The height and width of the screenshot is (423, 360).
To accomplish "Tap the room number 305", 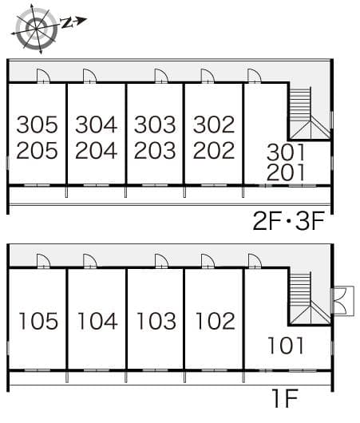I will (38, 125).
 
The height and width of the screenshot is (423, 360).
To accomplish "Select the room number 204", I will (97, 150).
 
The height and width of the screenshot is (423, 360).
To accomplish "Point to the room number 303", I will (155, 125).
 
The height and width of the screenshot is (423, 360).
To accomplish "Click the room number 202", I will (213, 150).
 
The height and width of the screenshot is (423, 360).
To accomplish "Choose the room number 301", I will (286, 149).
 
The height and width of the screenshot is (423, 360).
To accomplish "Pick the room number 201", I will (286, 172).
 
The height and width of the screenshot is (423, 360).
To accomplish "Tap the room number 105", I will (38, 321).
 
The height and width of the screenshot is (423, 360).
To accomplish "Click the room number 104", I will (97, 321).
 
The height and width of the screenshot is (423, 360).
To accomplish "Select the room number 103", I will (155, 321).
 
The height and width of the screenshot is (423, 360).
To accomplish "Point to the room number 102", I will (213, 321).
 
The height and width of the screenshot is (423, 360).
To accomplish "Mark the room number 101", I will (286, 346).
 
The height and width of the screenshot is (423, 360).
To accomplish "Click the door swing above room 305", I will (44, 77).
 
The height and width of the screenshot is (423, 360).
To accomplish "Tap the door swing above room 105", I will (44, 261).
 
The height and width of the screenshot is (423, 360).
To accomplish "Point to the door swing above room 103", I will (161, 261).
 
